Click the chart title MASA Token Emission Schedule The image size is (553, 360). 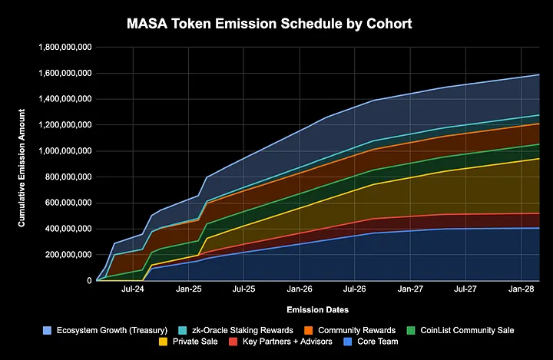tap(270, 25)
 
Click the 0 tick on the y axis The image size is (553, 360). tap(88, 281)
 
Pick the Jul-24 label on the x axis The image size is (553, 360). tap(132, 291)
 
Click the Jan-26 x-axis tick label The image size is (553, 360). tap(299, 291)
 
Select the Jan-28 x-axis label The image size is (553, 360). tap(522, 291)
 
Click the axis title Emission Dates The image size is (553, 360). tap(317, 309)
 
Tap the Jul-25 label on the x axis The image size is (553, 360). tap(243, 291)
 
